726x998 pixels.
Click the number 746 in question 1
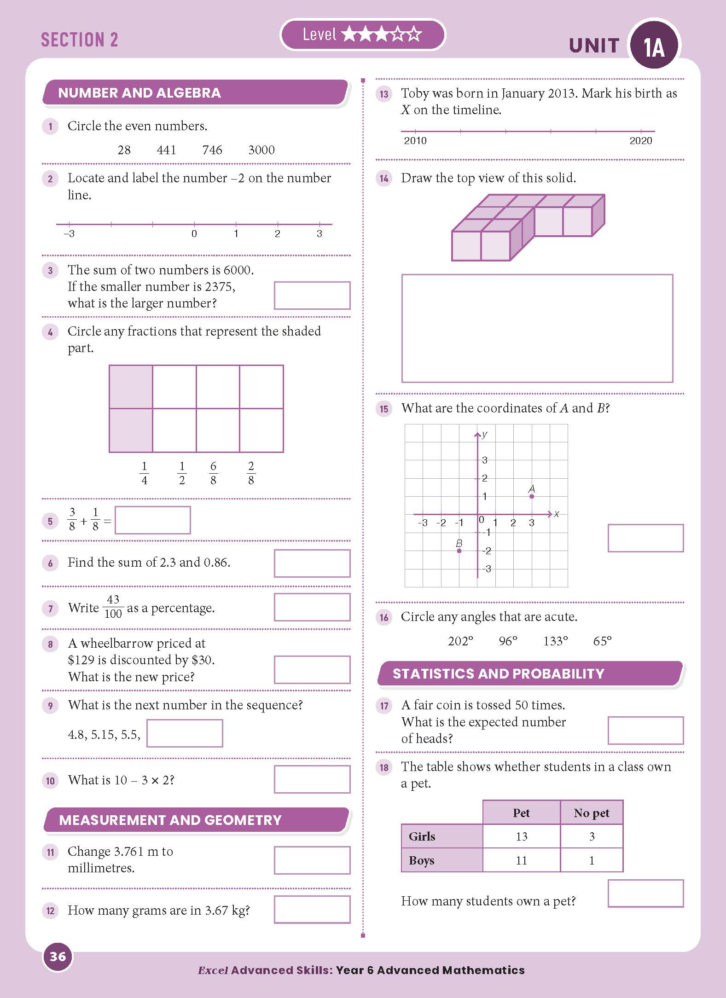point(212,150)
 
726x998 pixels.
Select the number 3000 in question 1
point(261,150)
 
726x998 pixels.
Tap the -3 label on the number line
point(69,234)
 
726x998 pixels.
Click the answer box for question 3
point(312,295)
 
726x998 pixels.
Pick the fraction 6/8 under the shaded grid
point(213,473)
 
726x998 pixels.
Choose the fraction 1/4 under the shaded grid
point(144,473)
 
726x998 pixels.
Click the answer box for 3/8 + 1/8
point(152,520)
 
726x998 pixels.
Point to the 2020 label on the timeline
point(640,141)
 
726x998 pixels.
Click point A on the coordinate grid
point(532,496)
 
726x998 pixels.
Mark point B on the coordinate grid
point(459,551)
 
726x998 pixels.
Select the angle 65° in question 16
point(602,641)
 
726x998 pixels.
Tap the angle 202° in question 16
point(460,641)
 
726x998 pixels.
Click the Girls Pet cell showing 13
point(521,836)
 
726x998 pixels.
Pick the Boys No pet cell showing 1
point(592,860)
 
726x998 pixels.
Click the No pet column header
point(592,813)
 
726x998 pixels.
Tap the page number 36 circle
point(58,957)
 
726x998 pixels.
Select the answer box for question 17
point(645,730)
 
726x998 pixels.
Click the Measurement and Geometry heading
point(170,820)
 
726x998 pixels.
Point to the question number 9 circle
point(50,706)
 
